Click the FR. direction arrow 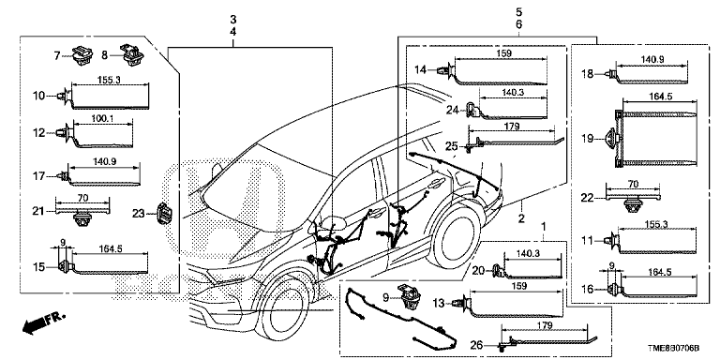44,322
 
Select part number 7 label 57,56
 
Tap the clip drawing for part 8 131,55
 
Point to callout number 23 138,213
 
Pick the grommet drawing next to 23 164,214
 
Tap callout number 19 587,138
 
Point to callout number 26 477,344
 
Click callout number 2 520,218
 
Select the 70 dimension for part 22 633,184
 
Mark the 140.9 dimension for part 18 651,59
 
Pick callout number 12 39,133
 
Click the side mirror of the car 334,223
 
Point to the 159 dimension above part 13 517,286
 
